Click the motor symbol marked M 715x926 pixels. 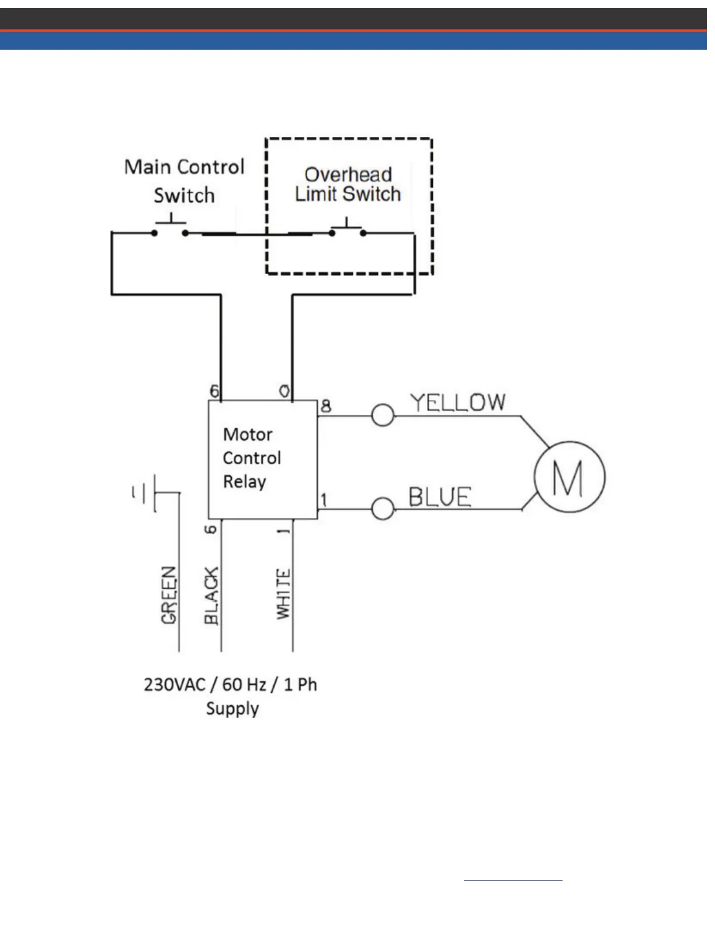[x=570, y=477]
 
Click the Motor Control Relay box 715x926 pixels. [x=263, y=459]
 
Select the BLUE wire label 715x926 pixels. [x=439, y=497]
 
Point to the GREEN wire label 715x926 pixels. [x=169, y=595]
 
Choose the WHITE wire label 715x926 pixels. [x=283, y=593]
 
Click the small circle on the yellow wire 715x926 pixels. [x=383, y=416]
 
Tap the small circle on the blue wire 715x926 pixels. [x=383, y=509]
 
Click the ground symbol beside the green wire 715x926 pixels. [x=146, y=493]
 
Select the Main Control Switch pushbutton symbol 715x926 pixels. [x=170, y=229]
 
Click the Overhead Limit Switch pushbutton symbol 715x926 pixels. [x=347, y=229]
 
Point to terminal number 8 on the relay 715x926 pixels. [x=326, y=406]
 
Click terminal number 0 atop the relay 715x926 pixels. [x=284, y=391]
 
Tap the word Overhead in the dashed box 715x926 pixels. [x=348, y=174]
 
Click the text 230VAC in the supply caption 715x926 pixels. [x=175, y=684]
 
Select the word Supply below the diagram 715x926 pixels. [x=232, y=709]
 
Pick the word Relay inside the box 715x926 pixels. [x=245, y=482]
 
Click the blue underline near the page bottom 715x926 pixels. [x=513, y=880]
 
